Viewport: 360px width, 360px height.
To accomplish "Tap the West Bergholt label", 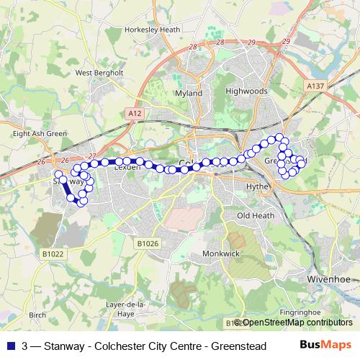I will (99, 73).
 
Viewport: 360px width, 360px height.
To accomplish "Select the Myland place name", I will (189, 94).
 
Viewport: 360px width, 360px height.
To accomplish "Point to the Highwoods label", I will (246, 91).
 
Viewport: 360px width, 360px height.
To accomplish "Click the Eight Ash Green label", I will (40, 133).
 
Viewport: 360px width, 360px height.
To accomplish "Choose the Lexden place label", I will (126, 166).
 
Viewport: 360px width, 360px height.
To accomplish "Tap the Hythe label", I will (257, 186).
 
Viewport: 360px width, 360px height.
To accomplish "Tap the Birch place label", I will (37, 315).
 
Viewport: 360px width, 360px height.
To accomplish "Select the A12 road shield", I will (134, 113).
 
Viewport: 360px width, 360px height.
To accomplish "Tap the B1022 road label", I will (53, 253).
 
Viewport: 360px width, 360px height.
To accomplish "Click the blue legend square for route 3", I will (9, 346).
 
